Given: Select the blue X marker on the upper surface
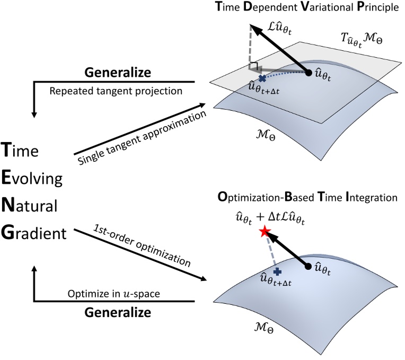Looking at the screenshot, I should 261,77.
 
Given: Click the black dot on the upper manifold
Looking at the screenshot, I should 309,73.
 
